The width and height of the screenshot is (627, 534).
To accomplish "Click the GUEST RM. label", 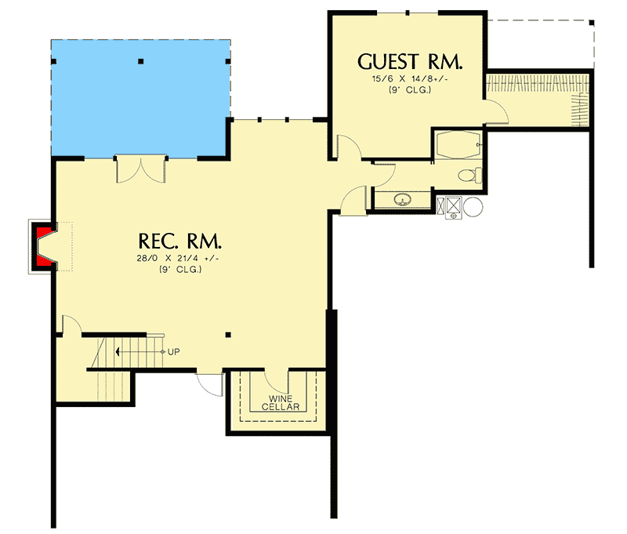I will (410, 62).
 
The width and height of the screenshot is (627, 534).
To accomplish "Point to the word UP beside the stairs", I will (173, 351).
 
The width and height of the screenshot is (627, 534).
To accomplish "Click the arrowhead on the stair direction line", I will (116, 351).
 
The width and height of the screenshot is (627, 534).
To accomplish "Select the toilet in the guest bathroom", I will (469, 176).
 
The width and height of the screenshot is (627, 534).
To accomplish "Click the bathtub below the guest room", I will (458, 147).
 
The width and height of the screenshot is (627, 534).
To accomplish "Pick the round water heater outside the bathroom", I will (473, 207).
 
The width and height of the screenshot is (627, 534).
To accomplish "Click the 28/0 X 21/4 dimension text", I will (180, 258).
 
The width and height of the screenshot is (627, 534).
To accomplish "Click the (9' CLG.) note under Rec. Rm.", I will (180, 269).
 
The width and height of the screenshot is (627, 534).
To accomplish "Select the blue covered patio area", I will (140, 94).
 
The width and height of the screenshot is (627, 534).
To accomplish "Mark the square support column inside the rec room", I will (227, 335).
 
